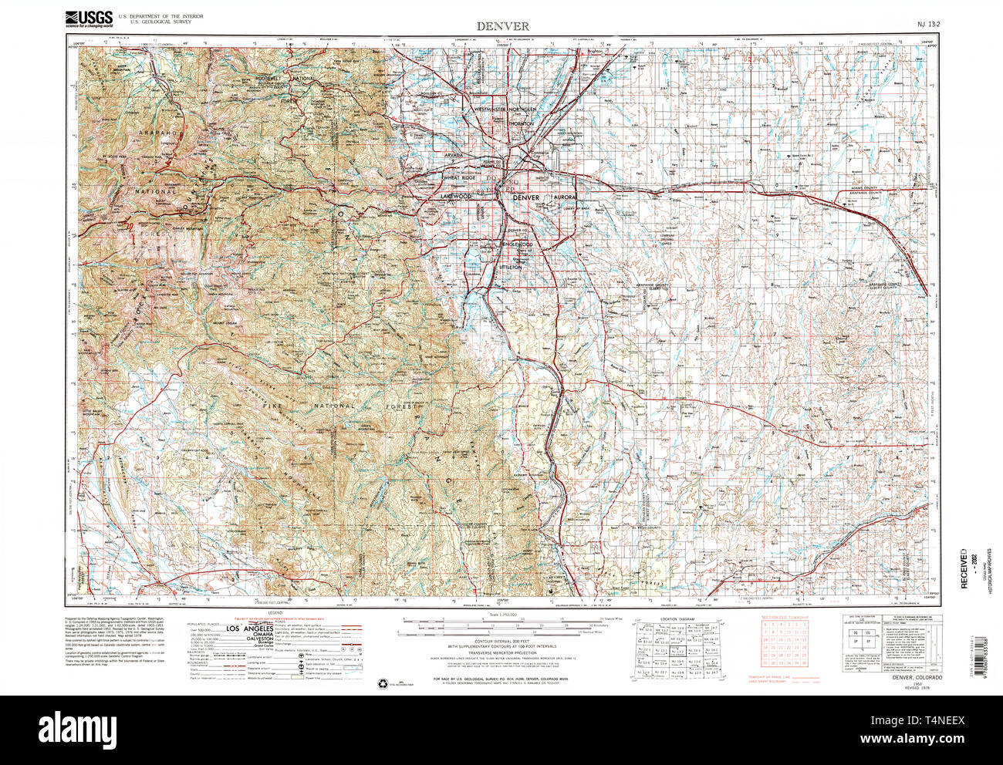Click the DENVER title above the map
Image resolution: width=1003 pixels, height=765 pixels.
(x=502, y=25)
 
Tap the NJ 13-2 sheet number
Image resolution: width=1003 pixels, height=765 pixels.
(x=928, y=25)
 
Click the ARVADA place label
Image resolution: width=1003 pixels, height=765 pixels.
(x=457, y=155)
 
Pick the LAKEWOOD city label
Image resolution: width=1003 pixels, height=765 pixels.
(x=455, y=197)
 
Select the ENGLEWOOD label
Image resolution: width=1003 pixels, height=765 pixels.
(x=518, y=244)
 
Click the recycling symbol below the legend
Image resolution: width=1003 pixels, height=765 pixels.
(x=383, y=682)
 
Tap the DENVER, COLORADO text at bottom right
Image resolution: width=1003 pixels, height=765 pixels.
(x=917, y=677)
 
